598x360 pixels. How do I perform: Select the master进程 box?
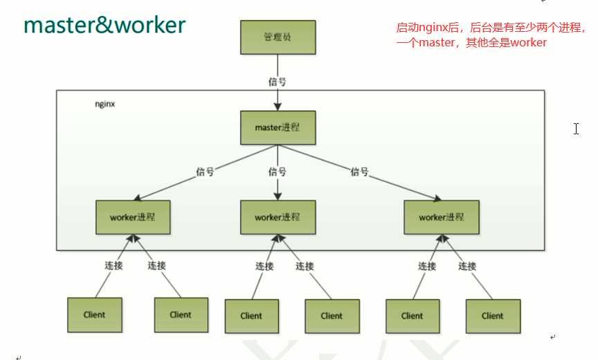point(278,129)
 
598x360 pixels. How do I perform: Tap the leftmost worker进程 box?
point(132,217)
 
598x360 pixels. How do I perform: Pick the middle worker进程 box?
point(277,217)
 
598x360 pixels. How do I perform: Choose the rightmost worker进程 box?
point(440,217)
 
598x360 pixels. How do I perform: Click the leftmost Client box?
point(94,315)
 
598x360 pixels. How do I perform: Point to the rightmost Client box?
point(492,316)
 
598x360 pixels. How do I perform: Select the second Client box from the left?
point(181,315)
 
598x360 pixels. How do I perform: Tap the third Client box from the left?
point(251,316)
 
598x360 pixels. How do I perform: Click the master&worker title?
point(105,25)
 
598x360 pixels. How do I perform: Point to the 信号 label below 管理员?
point(277,82)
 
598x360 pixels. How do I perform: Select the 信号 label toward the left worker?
point(206,171)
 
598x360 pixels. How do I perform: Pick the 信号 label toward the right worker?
point(359,171)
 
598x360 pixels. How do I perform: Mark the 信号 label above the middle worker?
point(277,171)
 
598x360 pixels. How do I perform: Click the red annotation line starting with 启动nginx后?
point(490,28)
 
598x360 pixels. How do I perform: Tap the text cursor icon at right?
point(576,128)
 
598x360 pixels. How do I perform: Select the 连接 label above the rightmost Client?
point(467,266)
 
